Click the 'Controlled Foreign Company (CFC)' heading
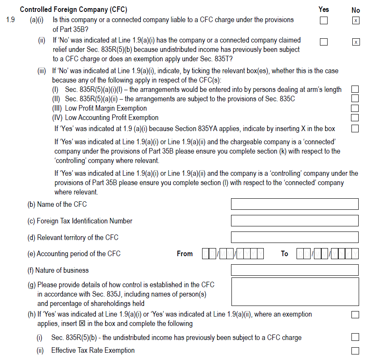[73, 9]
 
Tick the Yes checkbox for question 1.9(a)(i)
[324, 20]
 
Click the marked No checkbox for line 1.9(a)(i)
[356, 21]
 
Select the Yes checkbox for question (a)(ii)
[324, 42]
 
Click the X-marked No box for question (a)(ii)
[356, 42]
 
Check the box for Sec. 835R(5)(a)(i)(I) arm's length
[355, 89]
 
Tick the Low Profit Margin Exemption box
[355, 109]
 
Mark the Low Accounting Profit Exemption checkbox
[355, 117]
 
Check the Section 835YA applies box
[355, 129]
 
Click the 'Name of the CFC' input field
[294, 204]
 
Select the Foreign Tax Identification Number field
[294, 221]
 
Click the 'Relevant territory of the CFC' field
[294, 237]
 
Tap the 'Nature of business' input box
[294, 270]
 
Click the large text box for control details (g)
[294, 292]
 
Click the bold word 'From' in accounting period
[185, 254]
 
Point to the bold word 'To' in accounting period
[285, 254]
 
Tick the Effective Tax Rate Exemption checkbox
[355, 351]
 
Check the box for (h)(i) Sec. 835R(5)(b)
[355, 337]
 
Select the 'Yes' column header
[324, 9]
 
